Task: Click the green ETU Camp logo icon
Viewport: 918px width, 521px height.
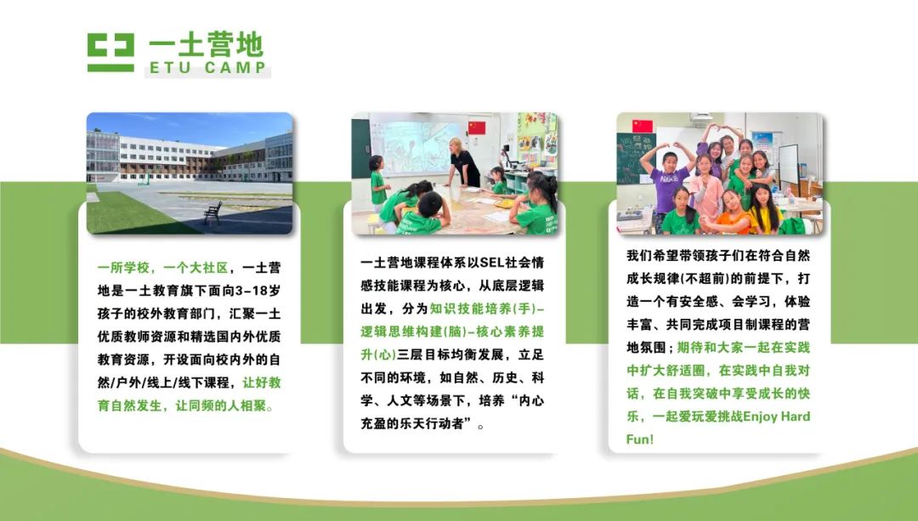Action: tap(110, 53)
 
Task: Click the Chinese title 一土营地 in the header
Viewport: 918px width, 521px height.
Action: tap(206, 44)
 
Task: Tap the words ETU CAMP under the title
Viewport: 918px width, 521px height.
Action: tap(208, 68)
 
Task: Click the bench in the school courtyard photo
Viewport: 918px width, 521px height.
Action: tap(212, 213)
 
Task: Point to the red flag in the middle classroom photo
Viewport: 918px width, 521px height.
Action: tap(477, 127)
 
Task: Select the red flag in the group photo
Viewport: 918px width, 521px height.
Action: tap(643, 126)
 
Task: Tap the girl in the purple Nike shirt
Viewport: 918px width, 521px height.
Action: tap(667, 182)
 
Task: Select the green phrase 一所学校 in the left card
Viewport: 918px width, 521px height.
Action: tap(123, 268)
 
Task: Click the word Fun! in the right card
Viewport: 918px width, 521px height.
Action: tap(640, 439)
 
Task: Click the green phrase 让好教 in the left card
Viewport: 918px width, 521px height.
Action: tap(262, 382)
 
